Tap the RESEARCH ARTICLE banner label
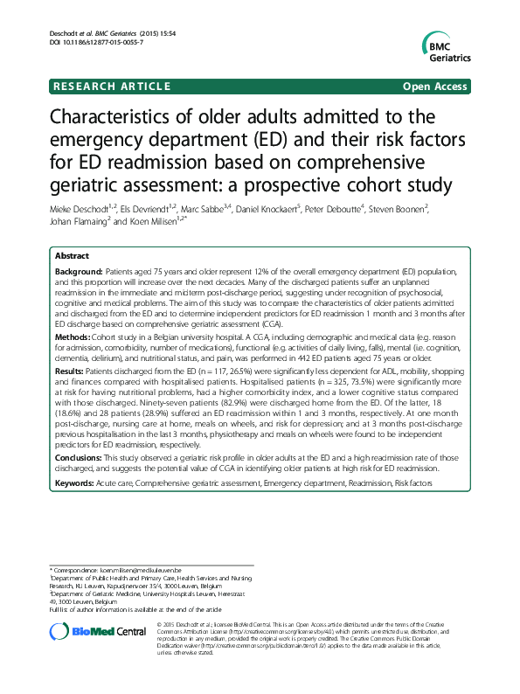click(110, 87)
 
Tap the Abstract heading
click(72, 256)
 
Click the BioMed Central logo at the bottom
click(97, 631)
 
